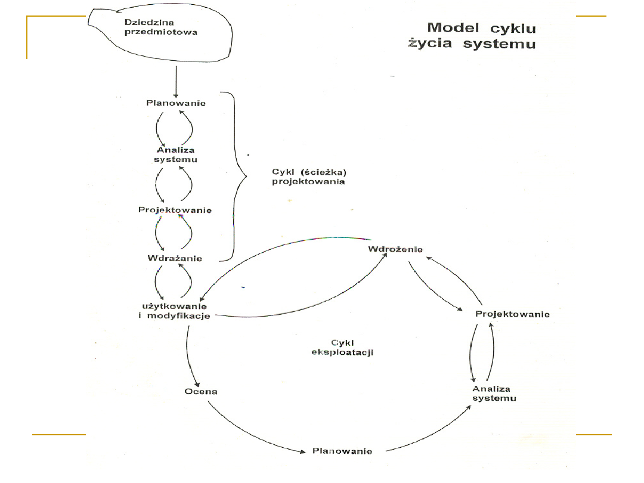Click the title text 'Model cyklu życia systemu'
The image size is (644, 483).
(472, 36)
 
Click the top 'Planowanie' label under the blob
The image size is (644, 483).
(177, 103)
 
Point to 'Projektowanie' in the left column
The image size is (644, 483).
(175, 210)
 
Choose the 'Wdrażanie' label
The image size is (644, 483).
(175, 258)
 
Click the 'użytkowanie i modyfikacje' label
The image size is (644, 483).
(175, 311)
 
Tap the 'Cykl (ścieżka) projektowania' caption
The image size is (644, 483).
(308, 177)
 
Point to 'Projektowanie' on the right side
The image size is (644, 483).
(512, 314)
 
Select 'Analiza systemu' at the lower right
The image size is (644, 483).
(494, 394)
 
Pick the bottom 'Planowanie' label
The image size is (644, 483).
(343, 451)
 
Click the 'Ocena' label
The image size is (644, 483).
(200, 392)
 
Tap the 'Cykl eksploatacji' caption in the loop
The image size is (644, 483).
(342, 347)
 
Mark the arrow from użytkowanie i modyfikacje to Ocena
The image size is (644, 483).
(189, 355)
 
